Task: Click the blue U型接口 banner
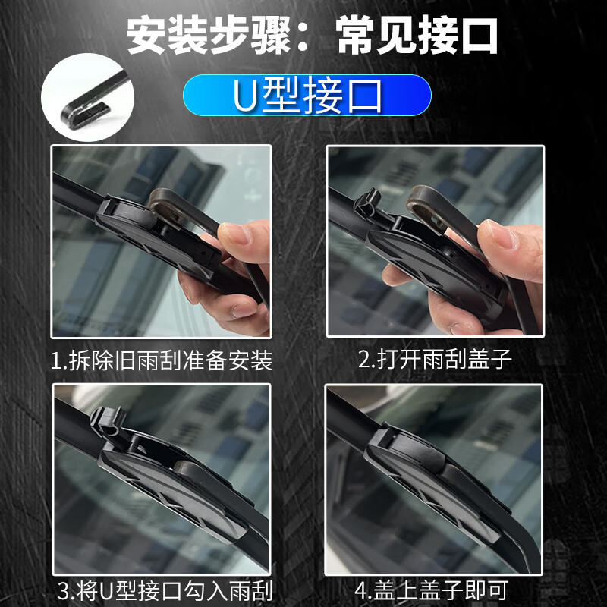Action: pyautogui.click(x=307, y=96)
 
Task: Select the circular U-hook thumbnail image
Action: pyautogui.click(x=88, y=97)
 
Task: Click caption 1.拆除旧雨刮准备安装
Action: pyautogui.click(x=162, y=360)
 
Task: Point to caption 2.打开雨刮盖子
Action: pyautogui.click(x=435, y=359)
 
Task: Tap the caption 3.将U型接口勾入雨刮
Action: pyautogui.click(x=165, y=591)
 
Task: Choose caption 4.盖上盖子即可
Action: pyautogui.click(x=431, y=590)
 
